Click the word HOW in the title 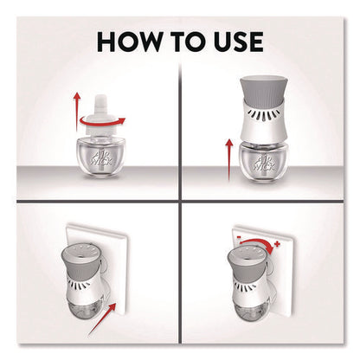[130, 42]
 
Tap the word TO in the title [184, 42]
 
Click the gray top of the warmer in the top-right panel [262, 90]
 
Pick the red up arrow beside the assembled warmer [229, 159]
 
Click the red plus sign [277, 244]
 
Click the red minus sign [239, 237]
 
